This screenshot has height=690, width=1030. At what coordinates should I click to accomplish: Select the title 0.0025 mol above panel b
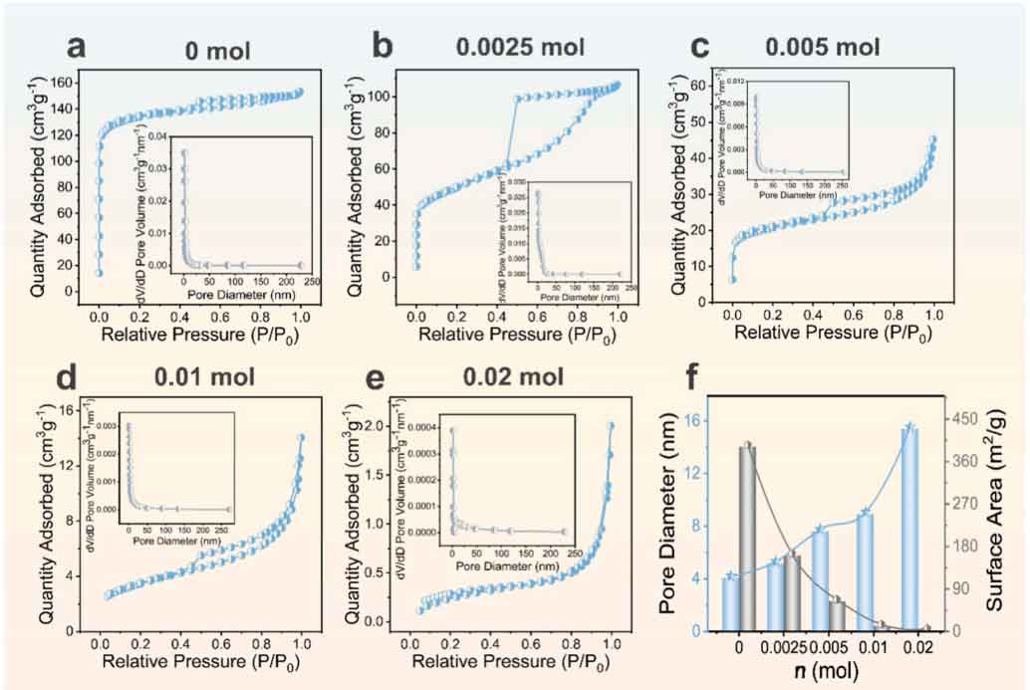point(519,47)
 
